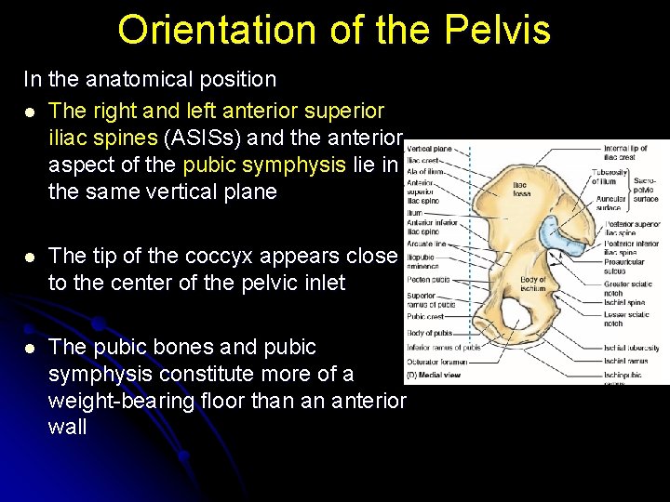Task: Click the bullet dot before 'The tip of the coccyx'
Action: pos(30,256)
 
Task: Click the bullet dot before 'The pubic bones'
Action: pos(30,348)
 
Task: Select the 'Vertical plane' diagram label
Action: pos(429,149)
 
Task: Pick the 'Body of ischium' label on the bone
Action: pos(533,284)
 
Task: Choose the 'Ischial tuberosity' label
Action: pos(631,348)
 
